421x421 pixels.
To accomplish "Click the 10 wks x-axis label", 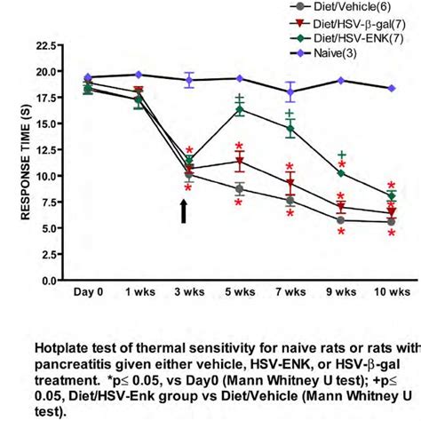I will coord(392,291).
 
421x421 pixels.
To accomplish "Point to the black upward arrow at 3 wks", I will coord(184,211).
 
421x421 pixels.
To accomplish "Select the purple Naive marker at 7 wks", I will coord(290,91).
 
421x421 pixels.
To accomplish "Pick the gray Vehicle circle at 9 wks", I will coord(341,220).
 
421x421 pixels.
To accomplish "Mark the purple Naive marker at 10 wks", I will coord(392,88).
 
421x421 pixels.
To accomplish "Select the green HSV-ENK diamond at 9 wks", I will coord(341,173).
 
